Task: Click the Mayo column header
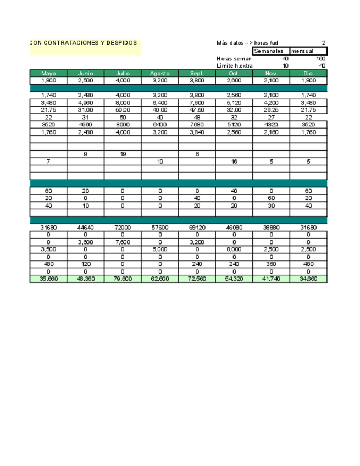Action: pyautogui.click(x=48, y=73)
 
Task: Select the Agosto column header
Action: pyautogui.click(x=160, y=73)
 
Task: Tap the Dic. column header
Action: pyautogui.click(x=308, y=73)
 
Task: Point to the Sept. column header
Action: pyautogui.click(x=197, y=73)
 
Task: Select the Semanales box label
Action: pyautogui.click(x=269, y=51)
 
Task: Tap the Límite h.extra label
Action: pyautogui.click(x=235, y=66)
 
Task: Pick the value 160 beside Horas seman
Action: pyautogui.click(x=320, y=59)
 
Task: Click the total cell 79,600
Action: pyautogui.click(x=123, y=279)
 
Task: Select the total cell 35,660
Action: pyautogui.click(x=48, y=279)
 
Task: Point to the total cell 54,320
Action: pyautogui.click(x=234, y=279)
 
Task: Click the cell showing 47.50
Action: pyautogui.click(x=197, y=110)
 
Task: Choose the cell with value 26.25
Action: pyautogui.click(x=272, y=110)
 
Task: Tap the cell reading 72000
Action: pyautogui.click(x=123, y=227)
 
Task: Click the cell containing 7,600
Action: pyautogui.click(x=123, y=242)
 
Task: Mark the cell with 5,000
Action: pyautogui.click(x=160, y=249)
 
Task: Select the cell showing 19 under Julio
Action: pyautogui.click(x=123, y=154)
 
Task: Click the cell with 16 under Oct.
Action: pyautogui.click(x=234, y=162)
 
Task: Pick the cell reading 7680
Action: pyautogui.click(x=197, y=125)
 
